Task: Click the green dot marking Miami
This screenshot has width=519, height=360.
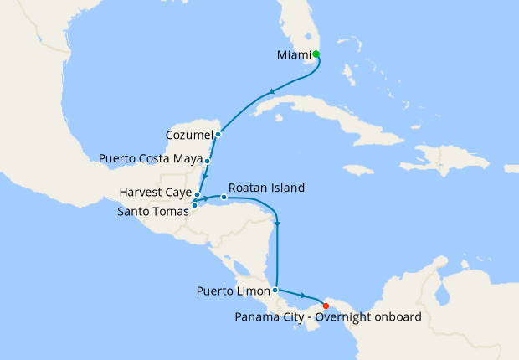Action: coord(316,54)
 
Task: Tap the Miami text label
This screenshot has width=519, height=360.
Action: coord(294,55)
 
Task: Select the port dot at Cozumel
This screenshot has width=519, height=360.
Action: coord(218,134)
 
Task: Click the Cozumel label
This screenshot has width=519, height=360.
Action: coord(188,134)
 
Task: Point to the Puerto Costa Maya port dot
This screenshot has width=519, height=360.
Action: coord(207,159)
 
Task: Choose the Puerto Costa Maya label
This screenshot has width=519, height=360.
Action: coord(150,158)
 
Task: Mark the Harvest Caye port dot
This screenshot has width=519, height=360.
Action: coord(198,194)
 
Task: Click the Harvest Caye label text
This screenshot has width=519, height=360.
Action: coord(155,192)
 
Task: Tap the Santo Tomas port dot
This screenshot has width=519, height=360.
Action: coord(194,205)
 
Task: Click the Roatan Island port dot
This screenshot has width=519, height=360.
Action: coord(224,198)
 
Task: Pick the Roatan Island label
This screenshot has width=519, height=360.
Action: coord(266,188)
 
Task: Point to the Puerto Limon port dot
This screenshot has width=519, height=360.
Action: coord(275,290)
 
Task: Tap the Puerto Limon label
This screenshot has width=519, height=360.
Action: coord(234,291)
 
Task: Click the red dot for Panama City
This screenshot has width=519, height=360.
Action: coord(326,306)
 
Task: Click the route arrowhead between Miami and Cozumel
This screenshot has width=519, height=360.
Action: coord(270,92)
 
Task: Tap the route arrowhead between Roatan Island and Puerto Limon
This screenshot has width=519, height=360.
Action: coord(277,224)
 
